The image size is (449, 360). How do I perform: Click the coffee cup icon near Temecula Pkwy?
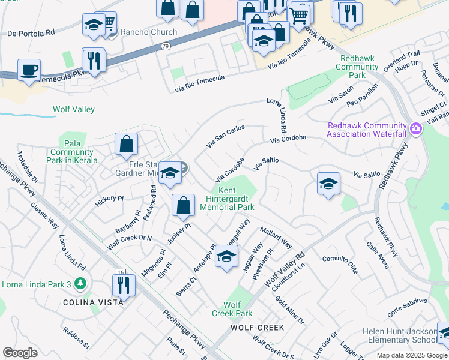29,70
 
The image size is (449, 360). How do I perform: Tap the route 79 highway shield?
166,46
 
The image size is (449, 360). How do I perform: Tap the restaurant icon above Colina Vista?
124,284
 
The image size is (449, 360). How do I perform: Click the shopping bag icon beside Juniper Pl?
183,205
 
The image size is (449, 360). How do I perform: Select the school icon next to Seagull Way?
226,257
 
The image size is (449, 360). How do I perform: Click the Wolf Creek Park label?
232,309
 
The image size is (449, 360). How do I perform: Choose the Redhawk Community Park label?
357,67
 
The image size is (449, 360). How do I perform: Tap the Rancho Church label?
149,32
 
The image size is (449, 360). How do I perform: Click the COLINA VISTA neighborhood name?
94,302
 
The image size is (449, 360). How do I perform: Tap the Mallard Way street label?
276,238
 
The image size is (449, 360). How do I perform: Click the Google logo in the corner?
20,353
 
